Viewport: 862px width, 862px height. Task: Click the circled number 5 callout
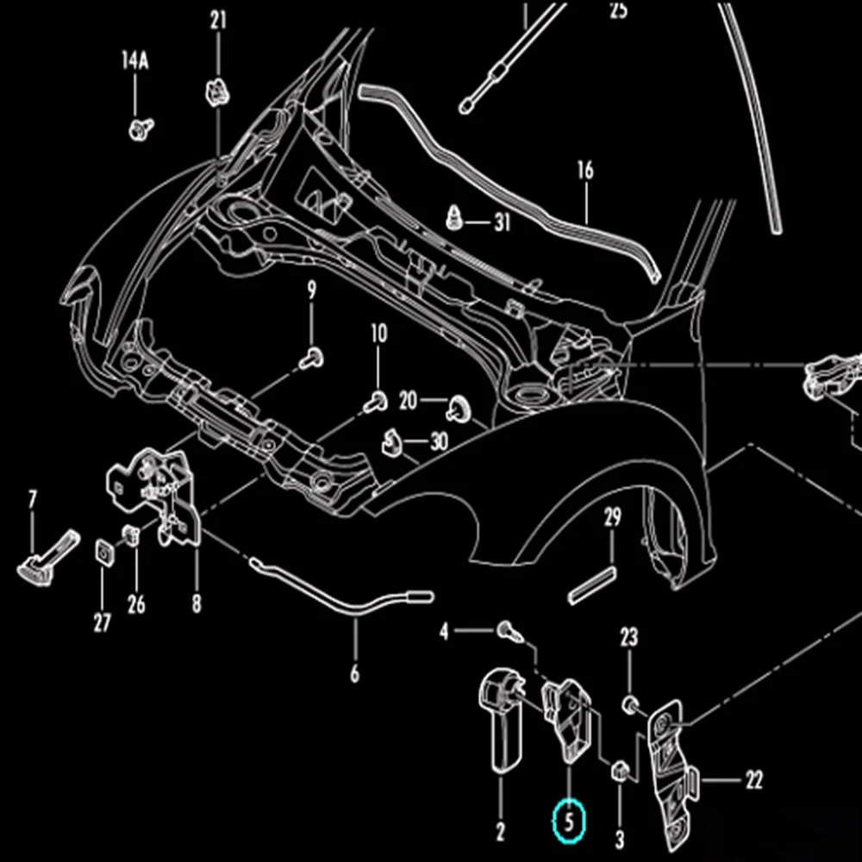[569, 821]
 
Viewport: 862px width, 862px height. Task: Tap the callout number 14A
[135, 60]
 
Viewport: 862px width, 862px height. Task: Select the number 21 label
[218, 21]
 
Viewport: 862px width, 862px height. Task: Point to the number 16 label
[585, 171]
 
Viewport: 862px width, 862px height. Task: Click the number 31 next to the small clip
[503, 222]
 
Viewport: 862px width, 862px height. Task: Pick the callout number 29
[612, 517]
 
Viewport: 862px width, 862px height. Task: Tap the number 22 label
[754, 779]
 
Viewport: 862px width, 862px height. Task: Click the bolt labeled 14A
[141, 129]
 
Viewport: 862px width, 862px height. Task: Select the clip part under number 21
[217, 92]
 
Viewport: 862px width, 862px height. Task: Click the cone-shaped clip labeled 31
[453, 219]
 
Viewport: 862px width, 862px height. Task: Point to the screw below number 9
[312, 359]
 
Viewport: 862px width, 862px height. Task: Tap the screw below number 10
[376, 403]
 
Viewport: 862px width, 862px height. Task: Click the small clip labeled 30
[391, 443]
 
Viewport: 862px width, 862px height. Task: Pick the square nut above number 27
[105, 553]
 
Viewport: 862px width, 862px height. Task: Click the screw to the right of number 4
[509, 631]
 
